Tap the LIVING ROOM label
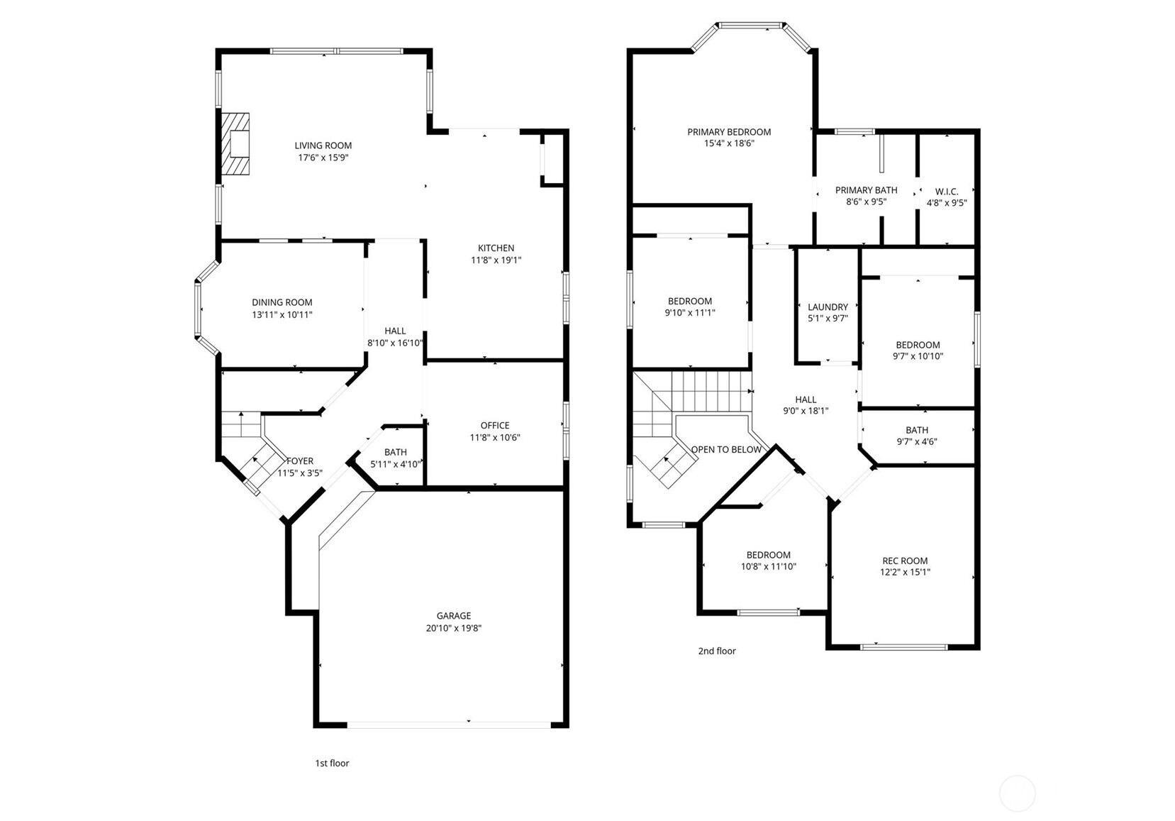pos(323,145)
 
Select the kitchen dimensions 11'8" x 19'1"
pos(496,260)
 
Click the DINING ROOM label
pos(282,302)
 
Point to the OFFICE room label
pos(495,426)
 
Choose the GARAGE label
pos(453,616)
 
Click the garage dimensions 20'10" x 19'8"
pos(453,628)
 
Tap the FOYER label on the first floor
pos(300,461)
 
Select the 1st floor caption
pos(332,764)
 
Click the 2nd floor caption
pos(717,651)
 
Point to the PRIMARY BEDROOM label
pos(729,132)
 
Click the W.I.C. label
pos(947,192)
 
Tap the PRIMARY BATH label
pos(866,190)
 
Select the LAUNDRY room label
pos(828,307)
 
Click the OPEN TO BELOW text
pos(726,449)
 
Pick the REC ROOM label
pos(905,561)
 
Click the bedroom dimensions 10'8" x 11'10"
pos(768,567)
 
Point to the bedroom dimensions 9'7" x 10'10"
pos(918,357)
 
